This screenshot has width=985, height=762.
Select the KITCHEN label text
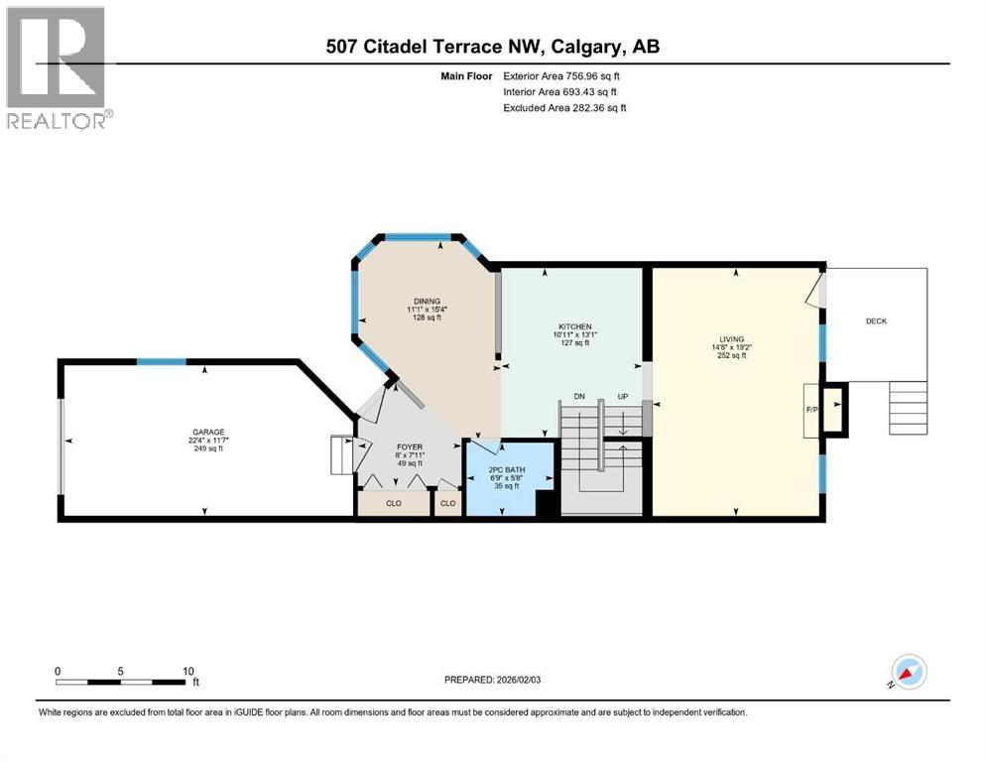point(574,326)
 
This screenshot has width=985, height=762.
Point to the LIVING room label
point(732,339)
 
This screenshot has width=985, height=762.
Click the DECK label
point(876,320)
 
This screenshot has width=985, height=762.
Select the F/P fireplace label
point(810,408)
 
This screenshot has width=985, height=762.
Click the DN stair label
point(579,397)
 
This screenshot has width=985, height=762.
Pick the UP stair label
point(622,397)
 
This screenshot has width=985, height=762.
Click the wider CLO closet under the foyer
point(393,503)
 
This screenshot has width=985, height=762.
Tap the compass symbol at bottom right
point(907,674)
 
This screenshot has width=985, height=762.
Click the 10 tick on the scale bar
point(187,671)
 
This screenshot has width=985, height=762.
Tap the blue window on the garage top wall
point(161,361)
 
